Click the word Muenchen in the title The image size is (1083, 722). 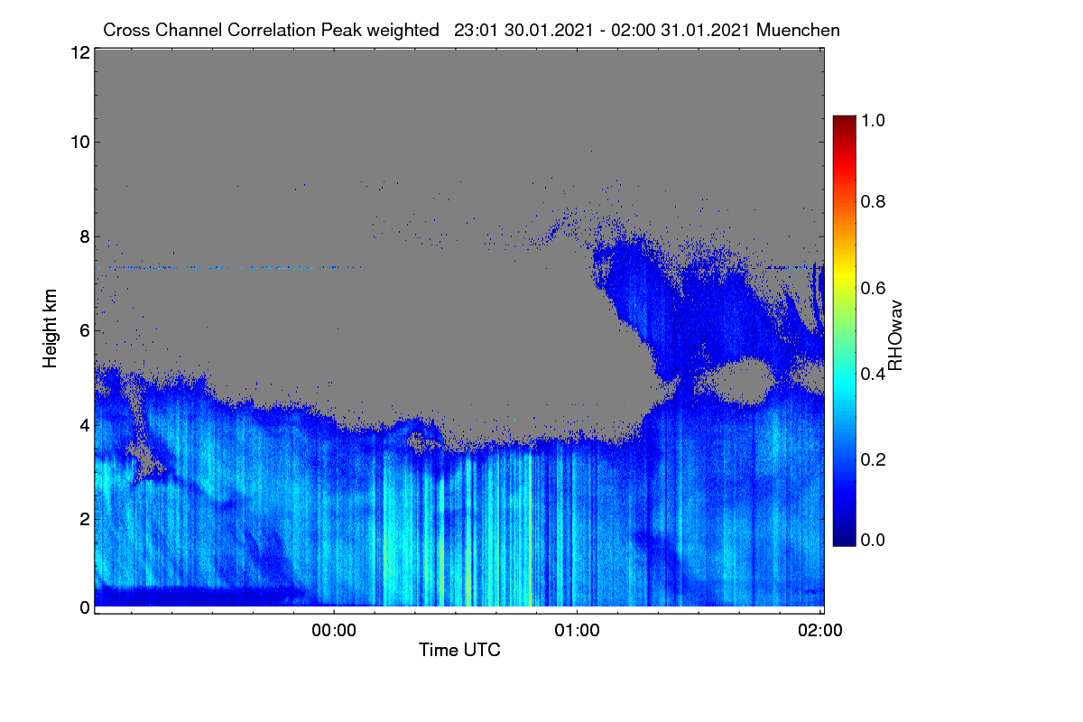click(798, 30)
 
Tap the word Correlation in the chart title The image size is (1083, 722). click(272, 30)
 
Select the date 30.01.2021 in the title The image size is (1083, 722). click(549, 30)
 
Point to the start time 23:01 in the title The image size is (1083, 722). click(476, 30)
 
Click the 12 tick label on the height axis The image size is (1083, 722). click(80, 52)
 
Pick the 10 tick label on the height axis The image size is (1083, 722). click(80, 143)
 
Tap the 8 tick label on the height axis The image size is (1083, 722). click(85, 237)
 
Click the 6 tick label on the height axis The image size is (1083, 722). click(85, 331)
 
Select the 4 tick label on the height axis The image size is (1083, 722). click(85, 426)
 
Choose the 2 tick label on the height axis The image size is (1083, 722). click(85, 519)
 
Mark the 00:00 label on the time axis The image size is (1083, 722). click(334, 631)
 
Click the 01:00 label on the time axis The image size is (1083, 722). click(577, 631)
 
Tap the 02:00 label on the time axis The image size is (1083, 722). click(820, 631)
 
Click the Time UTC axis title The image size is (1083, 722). click(459, 650)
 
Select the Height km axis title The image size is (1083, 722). click(50, 329)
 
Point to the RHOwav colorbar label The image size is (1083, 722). click(895, 336)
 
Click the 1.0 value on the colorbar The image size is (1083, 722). click(873, 120)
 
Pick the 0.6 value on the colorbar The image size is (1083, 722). click(873, 288)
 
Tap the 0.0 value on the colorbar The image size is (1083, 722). click(873, 540)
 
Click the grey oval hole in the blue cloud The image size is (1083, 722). click(741, 381)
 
